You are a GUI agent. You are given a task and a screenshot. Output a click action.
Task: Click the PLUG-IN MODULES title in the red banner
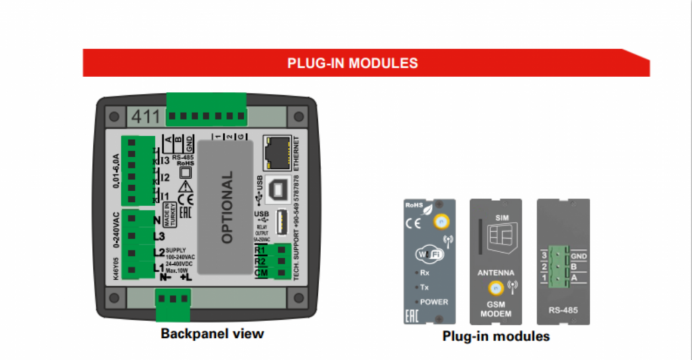coord(353,63)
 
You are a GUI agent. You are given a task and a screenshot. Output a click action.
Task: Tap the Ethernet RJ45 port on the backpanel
coord(274,153)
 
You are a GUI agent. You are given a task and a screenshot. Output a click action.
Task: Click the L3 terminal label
coord(159,236)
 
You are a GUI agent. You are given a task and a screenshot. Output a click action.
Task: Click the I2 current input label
coord(164,178)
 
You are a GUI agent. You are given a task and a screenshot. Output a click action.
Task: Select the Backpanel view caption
coord(212,333)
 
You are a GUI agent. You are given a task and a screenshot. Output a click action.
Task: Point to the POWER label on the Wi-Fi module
coord(434,302)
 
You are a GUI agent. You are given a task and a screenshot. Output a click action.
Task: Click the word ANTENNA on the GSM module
coord(496,273)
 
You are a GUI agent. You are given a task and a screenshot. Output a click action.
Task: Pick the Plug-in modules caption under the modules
coord(496,336)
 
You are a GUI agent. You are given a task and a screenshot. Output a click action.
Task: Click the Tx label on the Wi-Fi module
coord(424,287)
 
